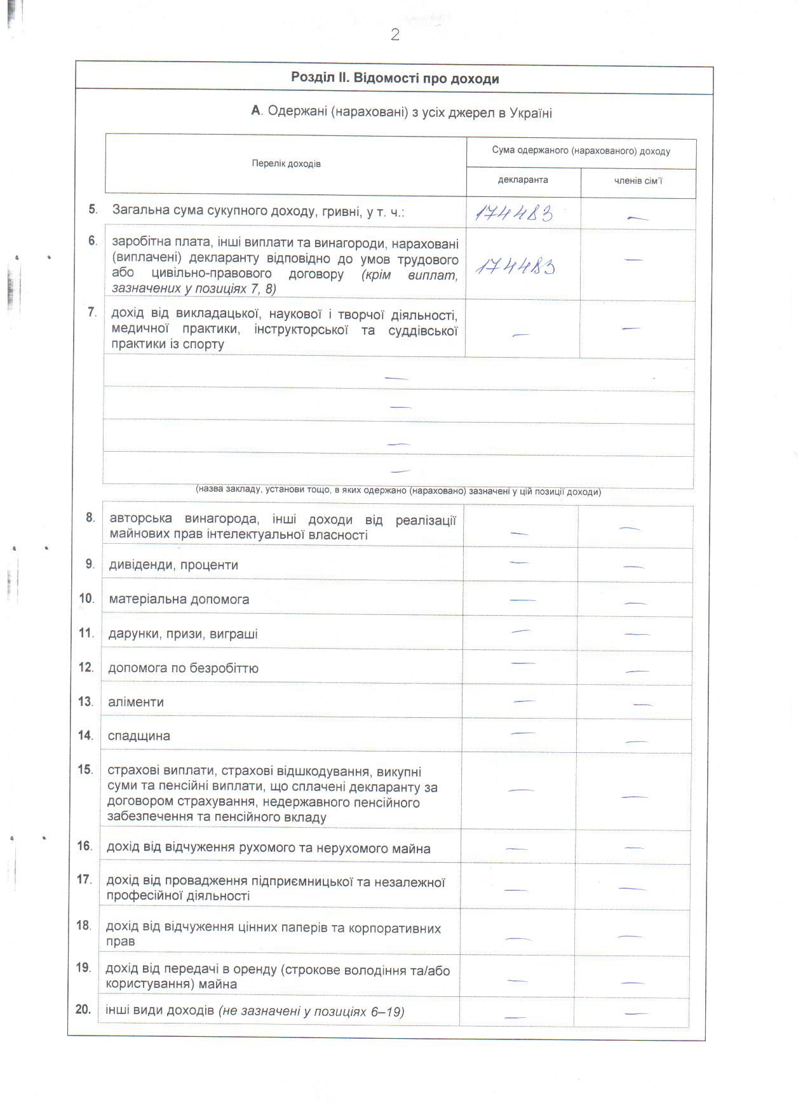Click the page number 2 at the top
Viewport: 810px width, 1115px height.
point(395,36)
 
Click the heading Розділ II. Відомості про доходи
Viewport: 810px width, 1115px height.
point(395,79)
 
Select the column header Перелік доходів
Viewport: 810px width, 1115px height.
point(286,164)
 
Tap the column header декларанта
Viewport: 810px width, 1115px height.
point(523,180)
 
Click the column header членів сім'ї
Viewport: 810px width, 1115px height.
point(638,181)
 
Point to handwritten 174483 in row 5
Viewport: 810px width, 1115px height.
point(514,213)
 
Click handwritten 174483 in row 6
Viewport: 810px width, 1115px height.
point(515,267)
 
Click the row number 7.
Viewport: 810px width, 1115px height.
point(92,312)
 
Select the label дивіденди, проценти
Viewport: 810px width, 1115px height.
point(173,565)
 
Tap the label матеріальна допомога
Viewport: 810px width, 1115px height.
point(179,599)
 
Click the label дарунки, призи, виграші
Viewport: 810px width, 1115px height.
point(183,634)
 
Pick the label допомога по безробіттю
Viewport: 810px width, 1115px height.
point(183,668)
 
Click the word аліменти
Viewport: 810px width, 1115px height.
point(136,702)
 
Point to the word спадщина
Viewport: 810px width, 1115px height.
point(139,736)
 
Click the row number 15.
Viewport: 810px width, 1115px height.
point(85,770)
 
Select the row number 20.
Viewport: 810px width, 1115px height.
point(83,1010)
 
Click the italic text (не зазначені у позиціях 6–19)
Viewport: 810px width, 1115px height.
point(311,1011)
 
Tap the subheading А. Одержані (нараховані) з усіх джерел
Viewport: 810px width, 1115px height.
point(402,113)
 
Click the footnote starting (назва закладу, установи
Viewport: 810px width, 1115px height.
point(398,491)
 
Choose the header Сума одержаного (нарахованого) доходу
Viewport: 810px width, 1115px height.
point(581,151)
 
